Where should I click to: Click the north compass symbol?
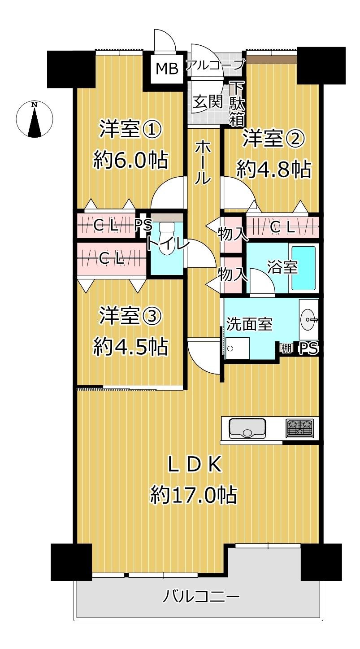click(x=35, y=119)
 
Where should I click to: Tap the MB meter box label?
click(x=167, y=68)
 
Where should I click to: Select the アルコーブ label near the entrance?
click(x=215, y=65)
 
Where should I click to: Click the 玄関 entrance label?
click(x=208, y=101)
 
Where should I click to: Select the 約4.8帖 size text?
click(x=273, y=170)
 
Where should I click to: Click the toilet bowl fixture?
click(x=166, y=241)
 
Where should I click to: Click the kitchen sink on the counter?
click(x=247, y=428)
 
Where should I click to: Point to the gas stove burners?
click(x=300, y=428)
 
